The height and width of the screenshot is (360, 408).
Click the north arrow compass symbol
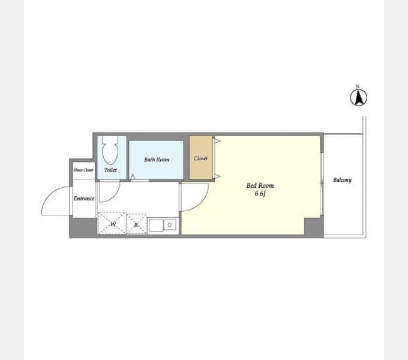point(359,97)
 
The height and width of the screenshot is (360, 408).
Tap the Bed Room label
point(260,185)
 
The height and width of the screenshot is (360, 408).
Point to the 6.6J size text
point(260,194)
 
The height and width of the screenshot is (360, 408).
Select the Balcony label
point(342,180)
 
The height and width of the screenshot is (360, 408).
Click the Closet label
point(200,158)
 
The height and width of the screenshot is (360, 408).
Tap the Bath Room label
point(157,160)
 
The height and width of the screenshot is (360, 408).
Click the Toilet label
point(110,170)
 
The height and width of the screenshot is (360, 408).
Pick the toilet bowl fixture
point(110,151)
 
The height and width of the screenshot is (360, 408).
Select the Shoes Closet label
point(83,170)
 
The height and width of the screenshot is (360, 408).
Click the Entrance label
point(84,199)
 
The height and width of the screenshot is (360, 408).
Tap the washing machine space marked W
point(112,223)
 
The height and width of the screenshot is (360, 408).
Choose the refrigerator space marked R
point(136,224)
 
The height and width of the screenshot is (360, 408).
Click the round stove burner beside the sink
point(170,225)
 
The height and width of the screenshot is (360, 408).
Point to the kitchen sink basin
point(156,226)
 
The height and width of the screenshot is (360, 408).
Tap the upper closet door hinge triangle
point(217,141)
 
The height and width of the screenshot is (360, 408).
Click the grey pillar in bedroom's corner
point(314,227)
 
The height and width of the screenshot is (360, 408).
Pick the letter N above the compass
point(358,86)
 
